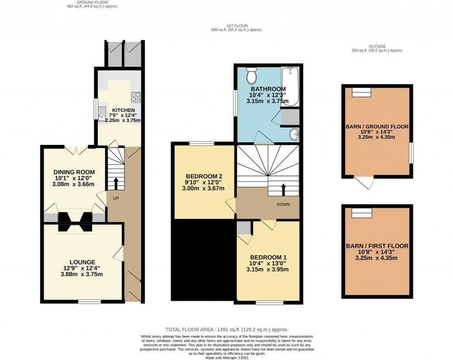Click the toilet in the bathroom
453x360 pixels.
[x=251, y=76]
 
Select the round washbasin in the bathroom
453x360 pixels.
[x=293, y=134]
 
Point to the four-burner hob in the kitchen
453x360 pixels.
[x=135, y=97]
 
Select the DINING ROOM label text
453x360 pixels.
[x=74, y=172]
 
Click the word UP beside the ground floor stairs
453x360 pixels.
[x=116, y=198]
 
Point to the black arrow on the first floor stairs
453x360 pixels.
[x=284, y=189]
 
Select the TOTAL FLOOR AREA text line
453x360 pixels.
[x=226, y=329]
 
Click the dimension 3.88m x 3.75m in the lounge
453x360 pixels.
[x=82, y=274]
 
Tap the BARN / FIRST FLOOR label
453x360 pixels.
[x=377, y=246]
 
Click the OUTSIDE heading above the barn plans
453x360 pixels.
[x=377, y=46]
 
